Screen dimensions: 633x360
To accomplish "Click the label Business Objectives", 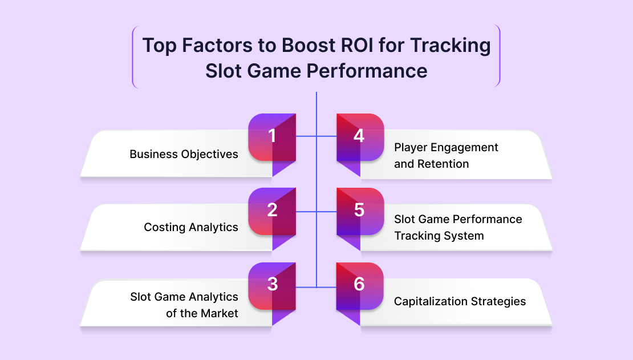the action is click(184, 155).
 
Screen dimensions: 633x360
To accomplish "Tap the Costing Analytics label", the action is click(191, 228).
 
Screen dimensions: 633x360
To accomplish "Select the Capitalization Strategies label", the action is click(460, 301).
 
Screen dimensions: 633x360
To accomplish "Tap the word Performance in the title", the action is click(367, 71).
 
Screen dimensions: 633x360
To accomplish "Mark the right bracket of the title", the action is click(498, 56).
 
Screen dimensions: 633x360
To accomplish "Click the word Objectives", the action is click(209, 155).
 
